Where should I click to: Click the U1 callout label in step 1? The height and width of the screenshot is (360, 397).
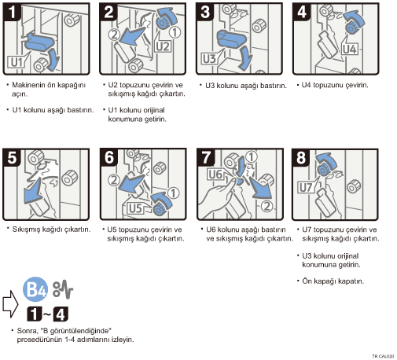click(x=16, y=62)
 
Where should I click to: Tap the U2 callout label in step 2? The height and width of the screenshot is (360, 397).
click(x=163, y=46)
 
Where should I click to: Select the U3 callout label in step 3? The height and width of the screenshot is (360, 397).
click(x=209, y=59)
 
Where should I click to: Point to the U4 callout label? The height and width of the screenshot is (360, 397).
click(x=350, y=49)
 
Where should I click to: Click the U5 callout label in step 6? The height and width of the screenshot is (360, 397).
click(x=136, y=208)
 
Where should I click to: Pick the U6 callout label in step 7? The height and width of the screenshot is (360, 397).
click(x=215, y=174)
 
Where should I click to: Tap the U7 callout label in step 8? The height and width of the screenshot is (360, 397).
click(x=306, y=188)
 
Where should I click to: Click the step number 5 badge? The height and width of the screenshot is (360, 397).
click(x=12, y=157)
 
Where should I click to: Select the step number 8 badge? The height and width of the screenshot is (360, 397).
click(x=301, y=158)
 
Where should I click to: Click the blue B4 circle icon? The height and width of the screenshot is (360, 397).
click(x=35, y=289)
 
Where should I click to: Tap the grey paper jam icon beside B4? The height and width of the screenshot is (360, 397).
click(x=63, y=289)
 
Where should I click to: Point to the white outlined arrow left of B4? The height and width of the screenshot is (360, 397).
click(x=10, y=304)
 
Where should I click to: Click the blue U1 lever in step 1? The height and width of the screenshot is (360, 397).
click(x=39, y=42)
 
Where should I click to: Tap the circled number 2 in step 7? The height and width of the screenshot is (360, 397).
click(x=267, y=206)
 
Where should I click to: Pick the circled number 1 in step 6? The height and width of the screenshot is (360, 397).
click(x=173, y=193)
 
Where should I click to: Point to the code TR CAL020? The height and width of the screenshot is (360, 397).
click(x=383, y=356)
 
